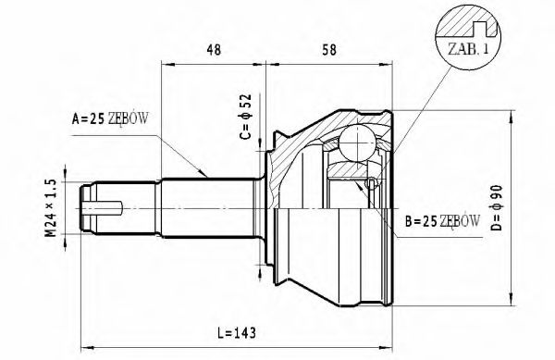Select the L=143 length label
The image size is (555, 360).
click(x=227, y=331)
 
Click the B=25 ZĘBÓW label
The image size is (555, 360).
click(x=441, y=221)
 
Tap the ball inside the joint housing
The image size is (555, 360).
click(x=358, y=143)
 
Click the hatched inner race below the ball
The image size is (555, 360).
click(x=349, y=169)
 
